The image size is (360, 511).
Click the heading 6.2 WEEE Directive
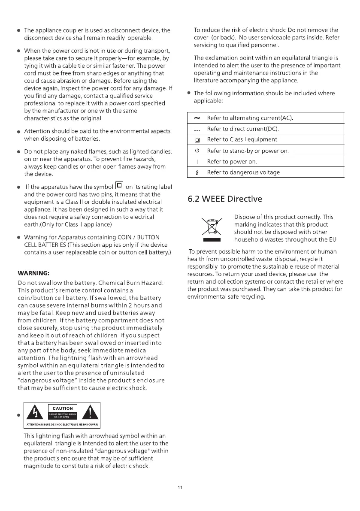click(x=225, y=199)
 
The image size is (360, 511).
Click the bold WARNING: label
click(x=33, y=273)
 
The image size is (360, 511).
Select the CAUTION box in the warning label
click(x=62, y=408)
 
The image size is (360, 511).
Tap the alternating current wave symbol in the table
click(x=197, y=118)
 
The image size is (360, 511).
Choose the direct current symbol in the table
click(x=197, y=129)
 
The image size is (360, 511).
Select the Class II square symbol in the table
click(x=197, y=140)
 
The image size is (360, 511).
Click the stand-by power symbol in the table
click(x=197, y=151)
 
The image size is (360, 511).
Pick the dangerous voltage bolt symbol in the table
click(x=197, y=172)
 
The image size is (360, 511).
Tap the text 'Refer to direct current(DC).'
click(x=243, y=129)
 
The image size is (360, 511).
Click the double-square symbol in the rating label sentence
click(x=119, y=186)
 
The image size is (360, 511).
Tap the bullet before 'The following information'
click(x=188, y=93)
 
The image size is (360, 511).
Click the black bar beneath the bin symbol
click(x=212, y=240)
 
